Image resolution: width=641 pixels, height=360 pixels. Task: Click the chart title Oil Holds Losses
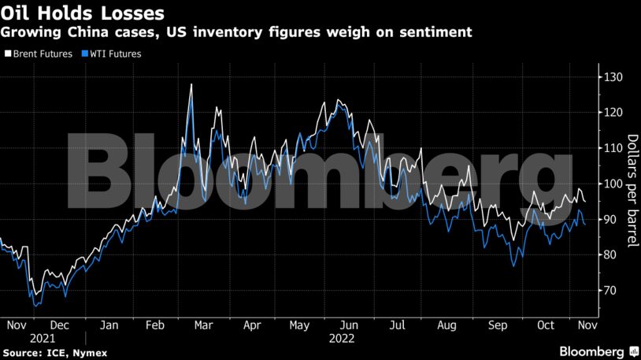tap(83, 13)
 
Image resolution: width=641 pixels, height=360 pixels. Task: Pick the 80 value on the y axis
tap(610, 254)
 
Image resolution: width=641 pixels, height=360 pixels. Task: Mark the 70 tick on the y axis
tap(610, 291)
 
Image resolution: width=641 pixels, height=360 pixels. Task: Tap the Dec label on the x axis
tap(59, 324)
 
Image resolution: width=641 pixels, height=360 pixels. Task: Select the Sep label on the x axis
tap(497, 324)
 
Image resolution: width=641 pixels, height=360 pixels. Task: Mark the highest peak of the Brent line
tap(191, 84)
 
